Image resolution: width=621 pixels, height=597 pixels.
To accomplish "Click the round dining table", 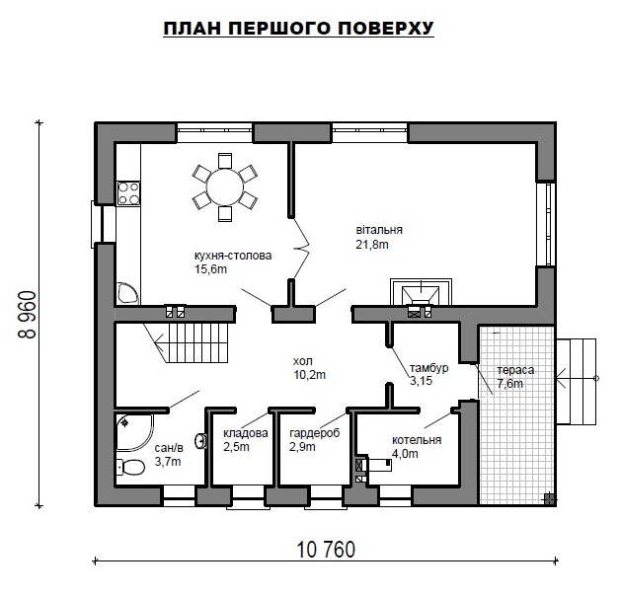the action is [x=225, y=187].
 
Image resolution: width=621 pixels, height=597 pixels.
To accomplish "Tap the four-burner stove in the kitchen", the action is [x=128, y=193].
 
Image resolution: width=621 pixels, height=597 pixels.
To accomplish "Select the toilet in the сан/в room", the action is [x=130, y=467].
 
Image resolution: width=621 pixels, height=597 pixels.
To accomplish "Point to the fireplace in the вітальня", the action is [x=421, y=293].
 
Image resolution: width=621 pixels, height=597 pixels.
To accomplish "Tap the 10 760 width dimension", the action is [x=326, y=550].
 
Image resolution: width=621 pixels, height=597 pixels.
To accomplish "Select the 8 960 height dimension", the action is [x=28, y=315].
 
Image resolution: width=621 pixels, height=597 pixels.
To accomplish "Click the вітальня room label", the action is [x=379, y=230].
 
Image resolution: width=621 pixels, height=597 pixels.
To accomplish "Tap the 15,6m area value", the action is [x=210, y=269].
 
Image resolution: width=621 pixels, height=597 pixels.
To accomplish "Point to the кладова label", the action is [x=246, y=433].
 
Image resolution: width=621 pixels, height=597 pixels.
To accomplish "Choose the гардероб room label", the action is [x=315, y=433].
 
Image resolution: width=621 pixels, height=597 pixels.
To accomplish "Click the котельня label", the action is [x=417, y=440].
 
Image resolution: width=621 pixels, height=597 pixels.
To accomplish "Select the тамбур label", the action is [x=428, y=368].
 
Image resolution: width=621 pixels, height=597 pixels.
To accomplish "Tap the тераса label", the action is [x=515, y=370].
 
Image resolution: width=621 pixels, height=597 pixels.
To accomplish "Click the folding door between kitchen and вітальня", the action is [x=300, y=249].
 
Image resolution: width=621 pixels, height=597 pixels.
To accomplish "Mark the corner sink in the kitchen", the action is [x=127, y=293].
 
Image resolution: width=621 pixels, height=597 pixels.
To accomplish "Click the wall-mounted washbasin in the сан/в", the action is [x=201, y=441].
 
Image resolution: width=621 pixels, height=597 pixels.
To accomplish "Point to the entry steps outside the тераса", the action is [x=577, y=382].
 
